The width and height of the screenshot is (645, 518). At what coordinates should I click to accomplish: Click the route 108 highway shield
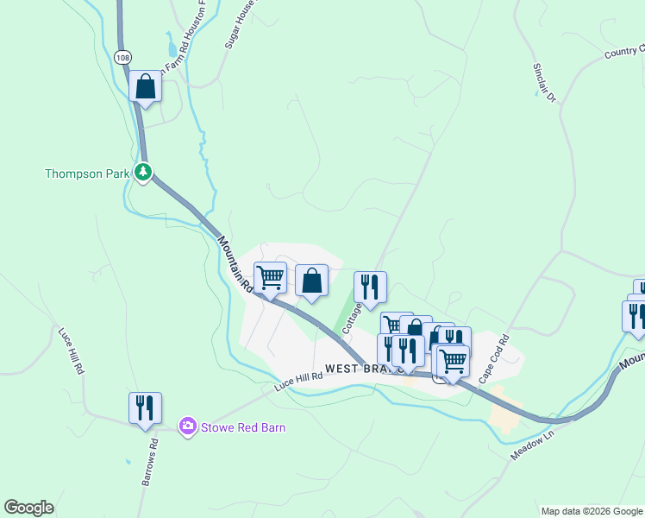coord(122,57)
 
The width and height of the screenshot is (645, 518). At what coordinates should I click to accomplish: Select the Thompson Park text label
coord(86,174)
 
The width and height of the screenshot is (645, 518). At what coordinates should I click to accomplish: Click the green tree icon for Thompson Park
coord(143,173)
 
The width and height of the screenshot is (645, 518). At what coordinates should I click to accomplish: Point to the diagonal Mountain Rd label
coord(234,264)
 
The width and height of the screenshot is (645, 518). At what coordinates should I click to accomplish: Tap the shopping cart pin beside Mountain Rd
coord(270,279)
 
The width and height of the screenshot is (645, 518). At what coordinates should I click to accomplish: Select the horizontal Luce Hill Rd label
coord(298,377)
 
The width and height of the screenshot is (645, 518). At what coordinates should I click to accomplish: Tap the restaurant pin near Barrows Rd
coord(145,408)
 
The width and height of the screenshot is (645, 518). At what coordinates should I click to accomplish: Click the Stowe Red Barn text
coord(242,426)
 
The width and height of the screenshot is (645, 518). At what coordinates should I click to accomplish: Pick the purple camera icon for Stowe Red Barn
coord(187,426)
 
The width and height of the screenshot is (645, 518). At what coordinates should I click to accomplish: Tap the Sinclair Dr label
coord(543,82)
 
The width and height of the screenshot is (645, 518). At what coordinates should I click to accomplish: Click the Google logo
coord(28,508)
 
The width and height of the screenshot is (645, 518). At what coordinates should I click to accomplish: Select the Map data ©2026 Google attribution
coord(591,510)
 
